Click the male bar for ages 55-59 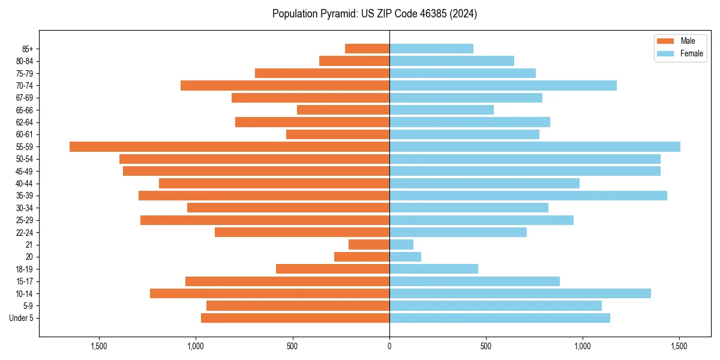(x=229, y=146)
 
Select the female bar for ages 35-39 (x=528, y=196)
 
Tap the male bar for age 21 (x=369, y=244)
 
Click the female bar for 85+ (x=431, y=49)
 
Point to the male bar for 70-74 (x=285, y=85)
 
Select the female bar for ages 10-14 (x=520, y=293)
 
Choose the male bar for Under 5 (x=295, y=318)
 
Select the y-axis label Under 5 (x=22, y=318)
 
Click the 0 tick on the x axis (x=389, y=346)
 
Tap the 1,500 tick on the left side (x=99, y=346)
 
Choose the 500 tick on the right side (x=486, y=346)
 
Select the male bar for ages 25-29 (x=265, y=220)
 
